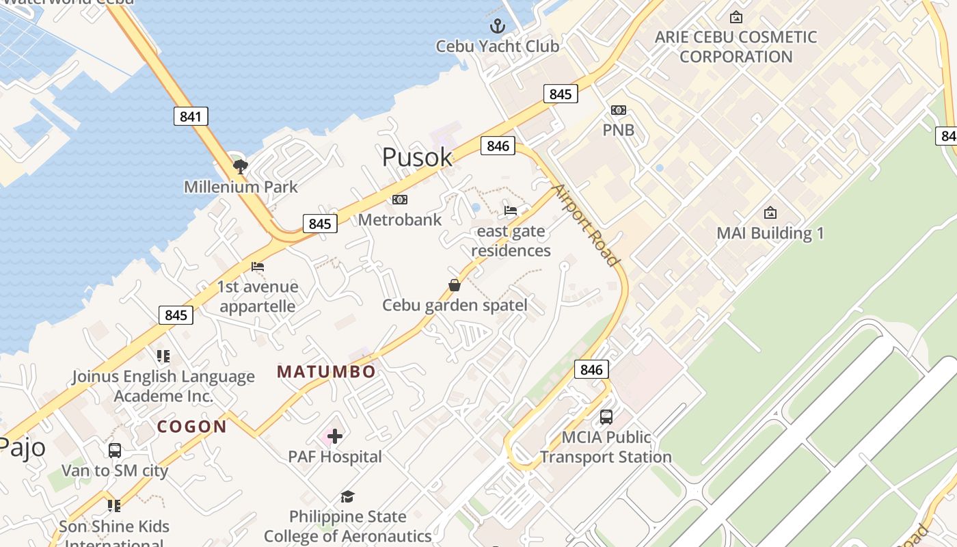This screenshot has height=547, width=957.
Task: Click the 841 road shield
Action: (x=190, y=116)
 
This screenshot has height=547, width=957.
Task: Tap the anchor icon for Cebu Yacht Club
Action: (x=498, y=27)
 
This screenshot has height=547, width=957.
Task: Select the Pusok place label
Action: (x=417, y=157)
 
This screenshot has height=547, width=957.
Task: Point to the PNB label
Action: (x=618, y=130)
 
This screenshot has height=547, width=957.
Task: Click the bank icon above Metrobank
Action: (x=400, y=200)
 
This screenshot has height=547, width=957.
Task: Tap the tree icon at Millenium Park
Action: (x=240, y=165)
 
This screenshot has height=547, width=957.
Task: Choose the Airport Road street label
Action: (x=585, y=224)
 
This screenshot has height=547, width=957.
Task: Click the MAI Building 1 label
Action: (x=770, y=233)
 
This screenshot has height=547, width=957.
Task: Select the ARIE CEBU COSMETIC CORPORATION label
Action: (x=736, y=46)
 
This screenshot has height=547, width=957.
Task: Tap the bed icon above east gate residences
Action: (x=511, y=210)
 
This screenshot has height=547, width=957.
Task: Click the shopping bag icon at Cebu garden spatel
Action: (x=455, y=285)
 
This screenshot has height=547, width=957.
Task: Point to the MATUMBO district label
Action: (x=326, y=372)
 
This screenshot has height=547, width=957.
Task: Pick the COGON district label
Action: (x=191, y=427)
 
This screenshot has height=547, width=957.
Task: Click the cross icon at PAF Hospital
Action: (x=334, y=436)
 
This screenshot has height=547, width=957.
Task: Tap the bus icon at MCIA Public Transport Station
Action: (x=606, y=416)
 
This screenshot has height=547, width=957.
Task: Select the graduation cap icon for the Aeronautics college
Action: (x=348, y=496)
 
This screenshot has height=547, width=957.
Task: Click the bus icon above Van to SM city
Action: (x=115, y=451)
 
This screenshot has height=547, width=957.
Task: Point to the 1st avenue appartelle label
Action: (x=258, y=296)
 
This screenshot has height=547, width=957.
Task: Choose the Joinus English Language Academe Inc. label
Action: (x=163, y=386)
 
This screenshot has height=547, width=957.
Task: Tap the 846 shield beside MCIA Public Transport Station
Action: (x=591, y=370)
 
